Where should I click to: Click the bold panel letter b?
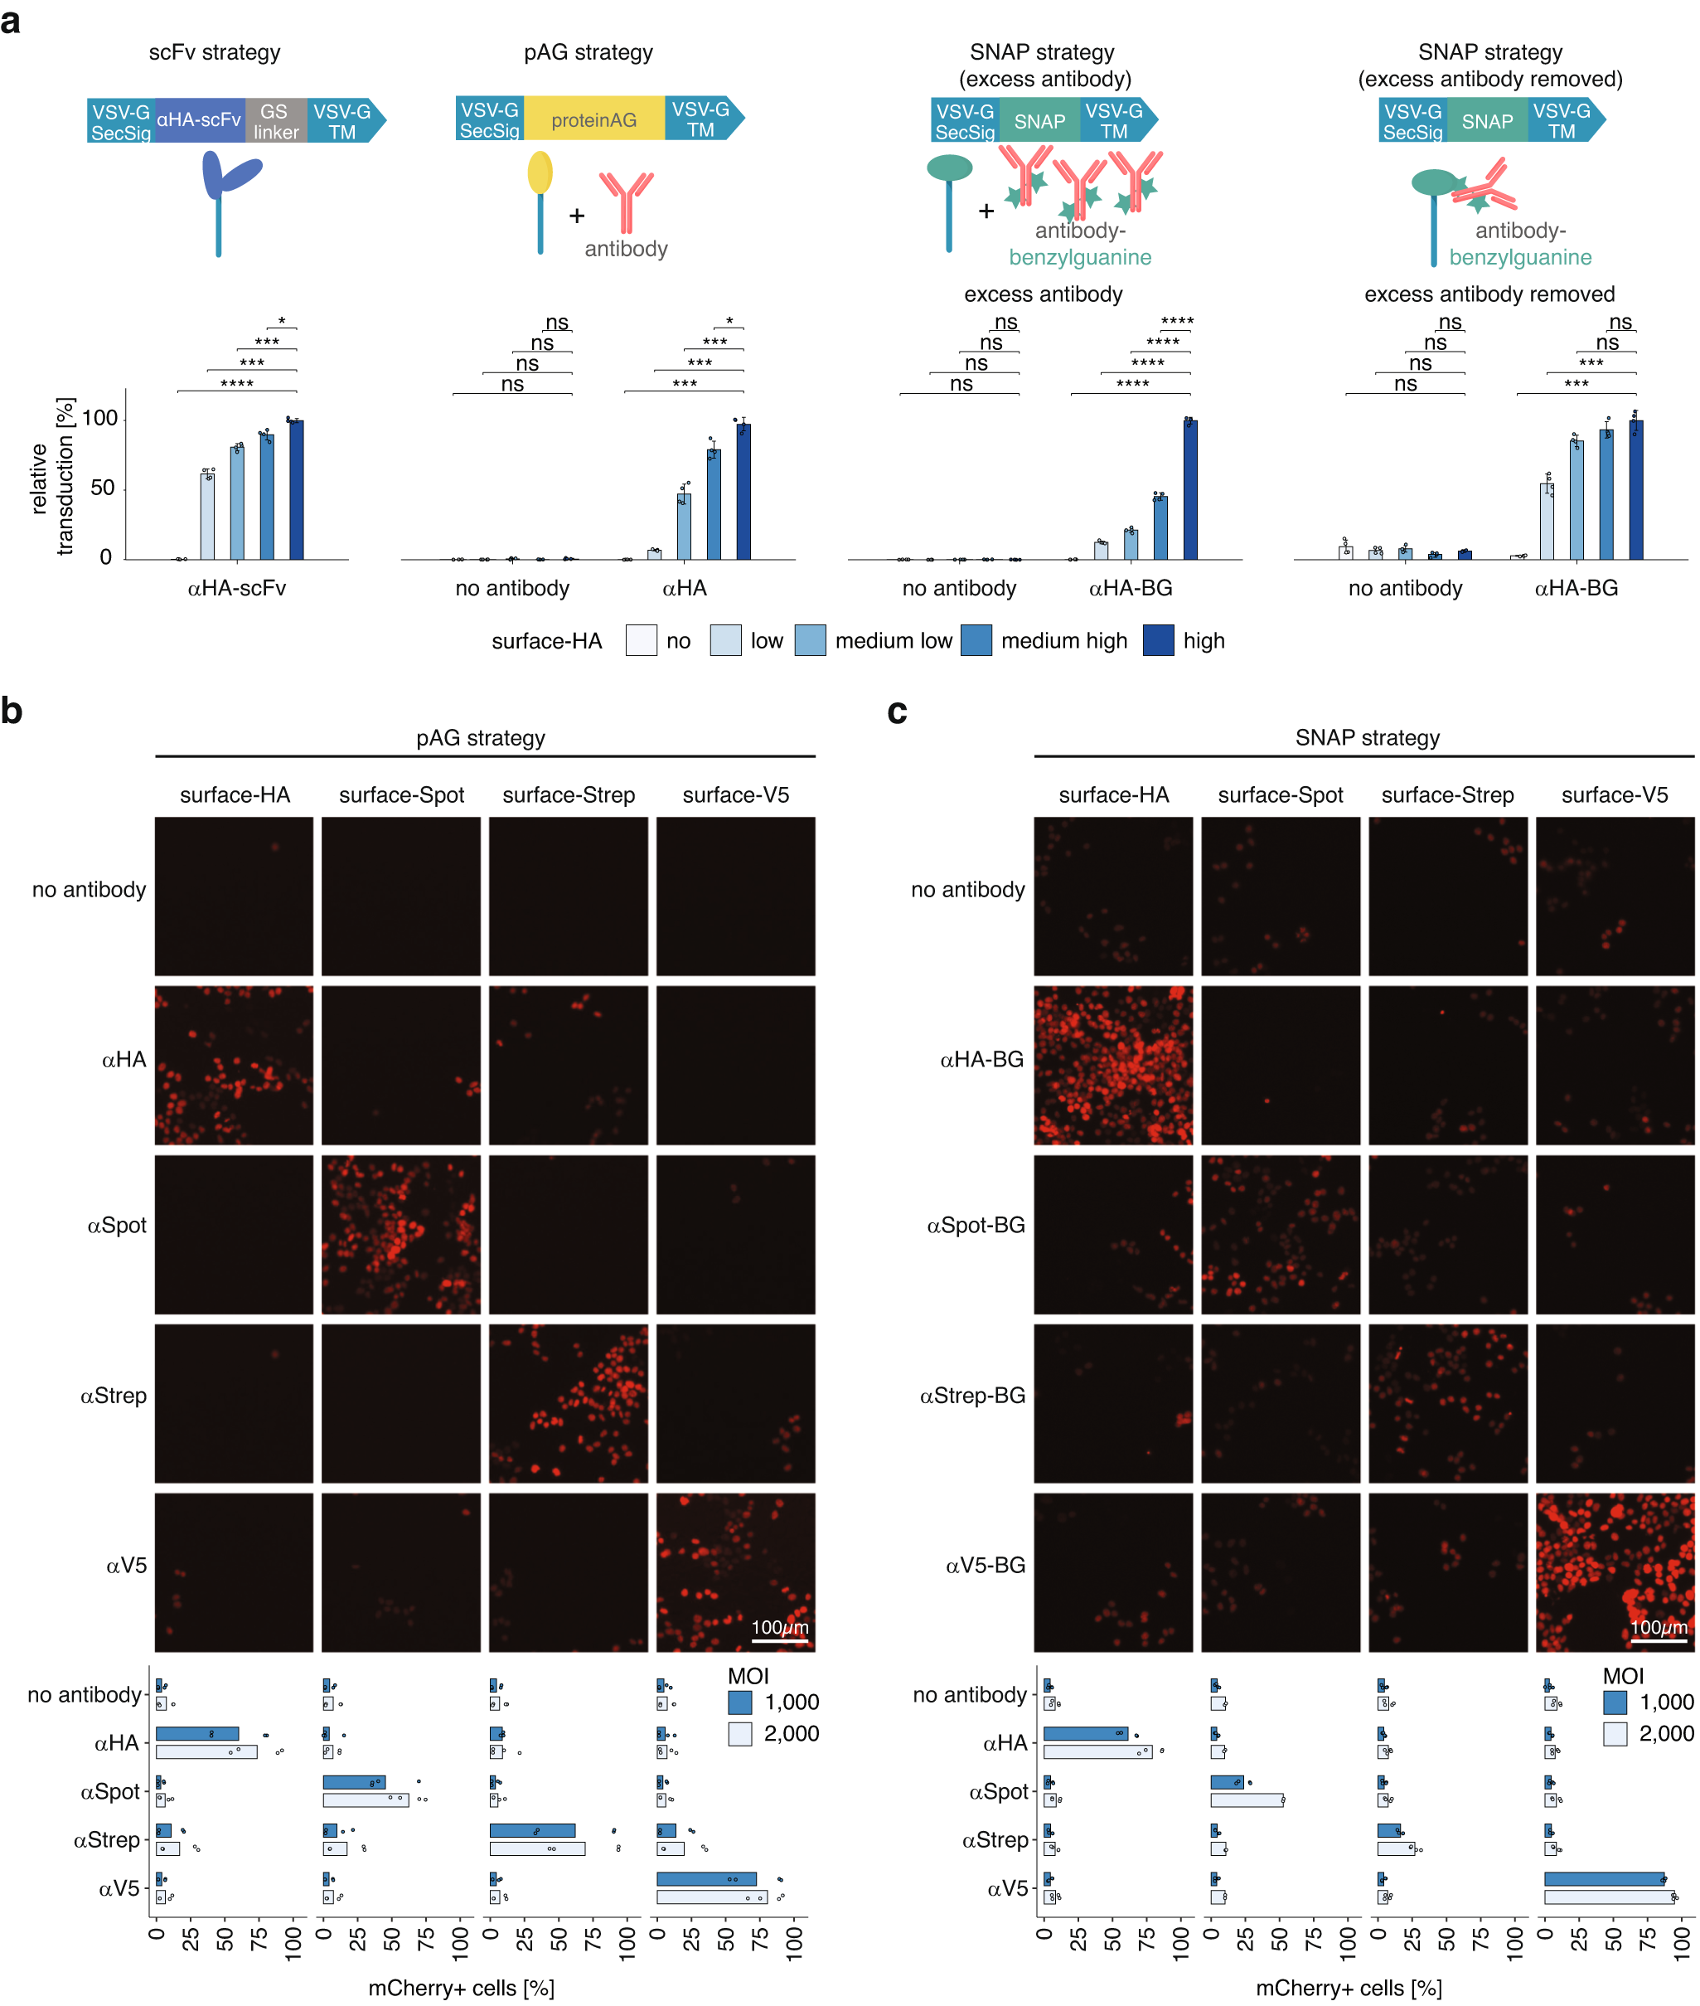click(12, 712)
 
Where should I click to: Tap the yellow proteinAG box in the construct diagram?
click(593, 119)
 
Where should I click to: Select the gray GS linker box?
click(276, 121)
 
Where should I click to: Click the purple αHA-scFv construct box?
click(199, 120)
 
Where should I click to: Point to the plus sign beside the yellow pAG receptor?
click(576, 216)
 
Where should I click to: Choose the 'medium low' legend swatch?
click(810, 641)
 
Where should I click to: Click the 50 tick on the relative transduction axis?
click(102, 488)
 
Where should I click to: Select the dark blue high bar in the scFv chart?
click(296, 490)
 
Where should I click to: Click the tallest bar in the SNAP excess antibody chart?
click(1190, 490)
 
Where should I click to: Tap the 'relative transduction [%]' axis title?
click(52, 477)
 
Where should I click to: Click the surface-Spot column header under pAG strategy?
click(401, 795)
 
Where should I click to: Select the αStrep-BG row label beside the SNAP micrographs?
click(972, 1395)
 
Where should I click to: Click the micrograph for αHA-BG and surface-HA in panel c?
click(1113, 1065)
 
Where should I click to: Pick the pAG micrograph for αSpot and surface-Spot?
click(401, 1235)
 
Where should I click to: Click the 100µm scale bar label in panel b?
click(780, 1626)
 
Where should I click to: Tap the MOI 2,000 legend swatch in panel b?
click(739, 1734)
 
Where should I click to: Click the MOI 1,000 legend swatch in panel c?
click(1615, 1702)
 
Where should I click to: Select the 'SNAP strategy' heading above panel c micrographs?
click(1367, 737)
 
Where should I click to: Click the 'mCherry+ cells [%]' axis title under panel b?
click(461, 1988)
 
